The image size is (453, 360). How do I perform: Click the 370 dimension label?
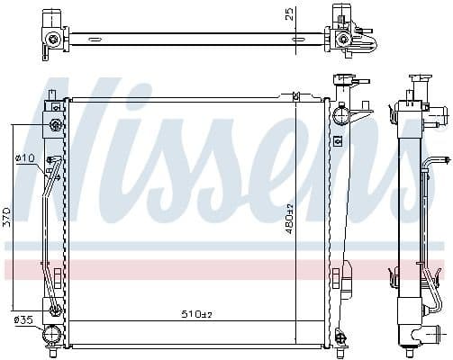coord(8,215)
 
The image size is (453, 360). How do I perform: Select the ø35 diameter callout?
coord(23,319)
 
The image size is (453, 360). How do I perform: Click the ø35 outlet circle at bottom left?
coord(53,334)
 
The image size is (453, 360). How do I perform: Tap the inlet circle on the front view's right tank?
coord(340,114)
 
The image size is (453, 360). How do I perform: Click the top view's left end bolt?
coord(55,38)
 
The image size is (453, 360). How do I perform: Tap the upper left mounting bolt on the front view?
coord(56,123)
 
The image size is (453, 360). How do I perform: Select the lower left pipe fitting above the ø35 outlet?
coord(55,311)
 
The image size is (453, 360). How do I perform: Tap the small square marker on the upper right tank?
coord(336,139)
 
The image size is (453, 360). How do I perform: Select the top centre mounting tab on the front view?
coord(294,94)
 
